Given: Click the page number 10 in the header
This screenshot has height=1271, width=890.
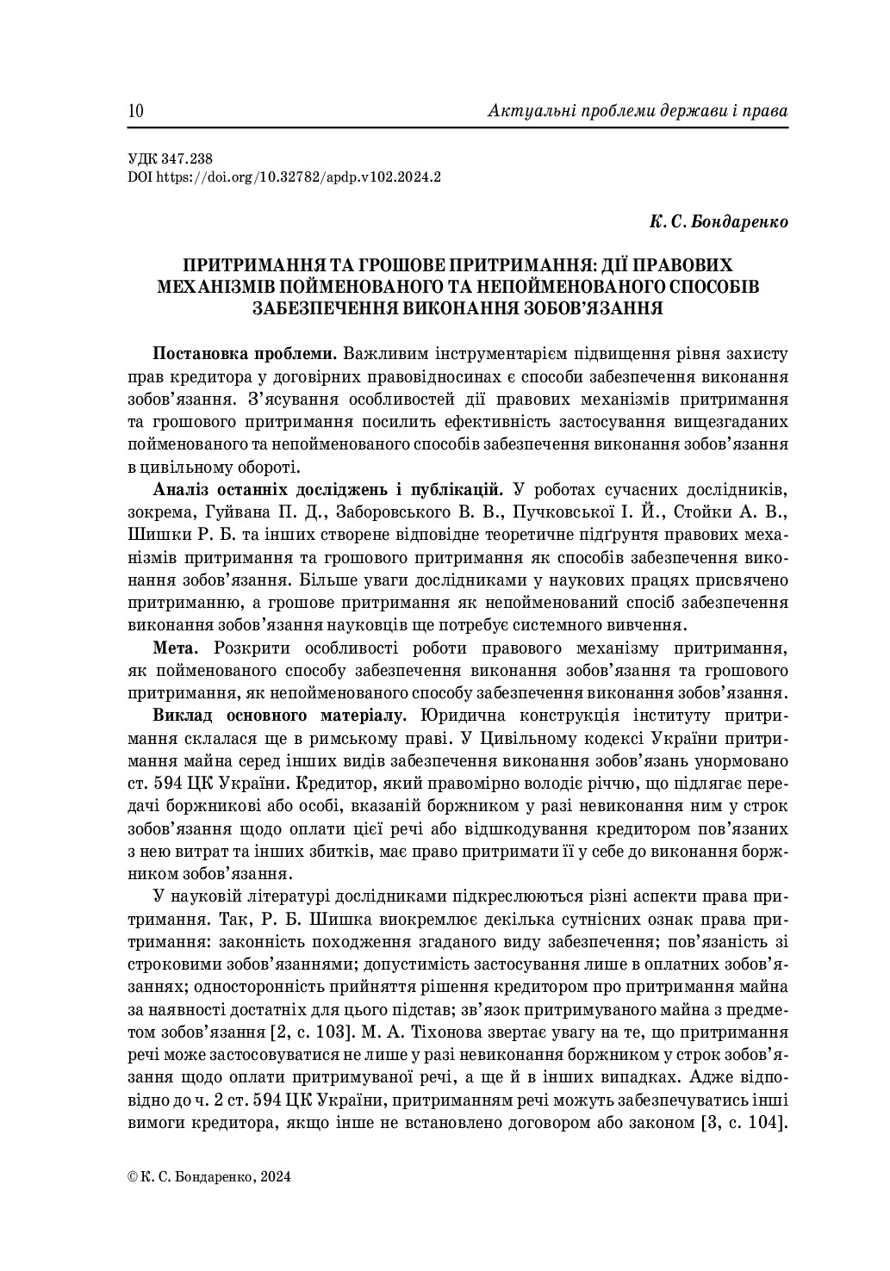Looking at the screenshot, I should click(x=136, y=112).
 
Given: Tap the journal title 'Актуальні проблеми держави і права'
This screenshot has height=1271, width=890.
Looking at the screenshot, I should click(x=638, y=112).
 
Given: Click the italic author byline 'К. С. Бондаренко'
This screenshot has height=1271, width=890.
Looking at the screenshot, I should click(x=719, y=222).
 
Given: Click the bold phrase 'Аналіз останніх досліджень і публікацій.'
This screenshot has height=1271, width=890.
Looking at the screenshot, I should click(x=328, y=490).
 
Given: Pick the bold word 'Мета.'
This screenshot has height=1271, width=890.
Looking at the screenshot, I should click(x=177, y=648).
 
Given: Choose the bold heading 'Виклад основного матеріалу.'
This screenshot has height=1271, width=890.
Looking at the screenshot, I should click(x=274, y=716).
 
